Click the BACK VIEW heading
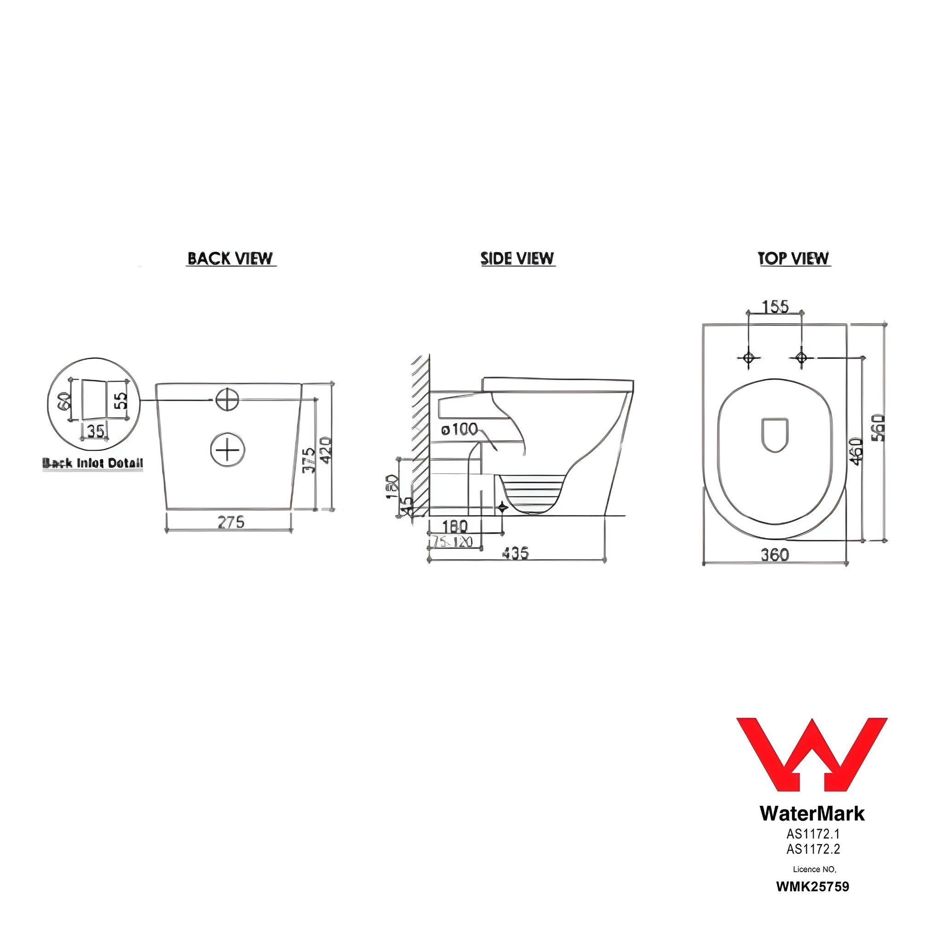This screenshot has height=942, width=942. pos(230,258)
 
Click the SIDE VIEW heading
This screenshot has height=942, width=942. pos(517,258)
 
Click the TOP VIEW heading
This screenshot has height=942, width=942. pos(794,258)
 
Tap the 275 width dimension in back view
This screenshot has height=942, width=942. pos(230,522)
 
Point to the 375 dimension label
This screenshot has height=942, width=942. pos(308,460)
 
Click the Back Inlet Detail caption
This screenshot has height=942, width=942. pos(93,463)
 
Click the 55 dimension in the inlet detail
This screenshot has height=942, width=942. pos(121,401)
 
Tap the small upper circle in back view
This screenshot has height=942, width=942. pos(227,399)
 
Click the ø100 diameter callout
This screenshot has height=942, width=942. pos(460,430)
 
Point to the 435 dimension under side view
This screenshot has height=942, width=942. pos(515,553)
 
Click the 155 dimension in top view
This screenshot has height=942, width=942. pos(775,306)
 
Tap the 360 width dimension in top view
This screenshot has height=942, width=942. pos(775,555)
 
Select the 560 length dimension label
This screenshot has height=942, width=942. pos(878,428)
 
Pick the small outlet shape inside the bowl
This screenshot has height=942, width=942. pos(775,434)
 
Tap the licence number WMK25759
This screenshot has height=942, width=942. pos(813,886)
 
